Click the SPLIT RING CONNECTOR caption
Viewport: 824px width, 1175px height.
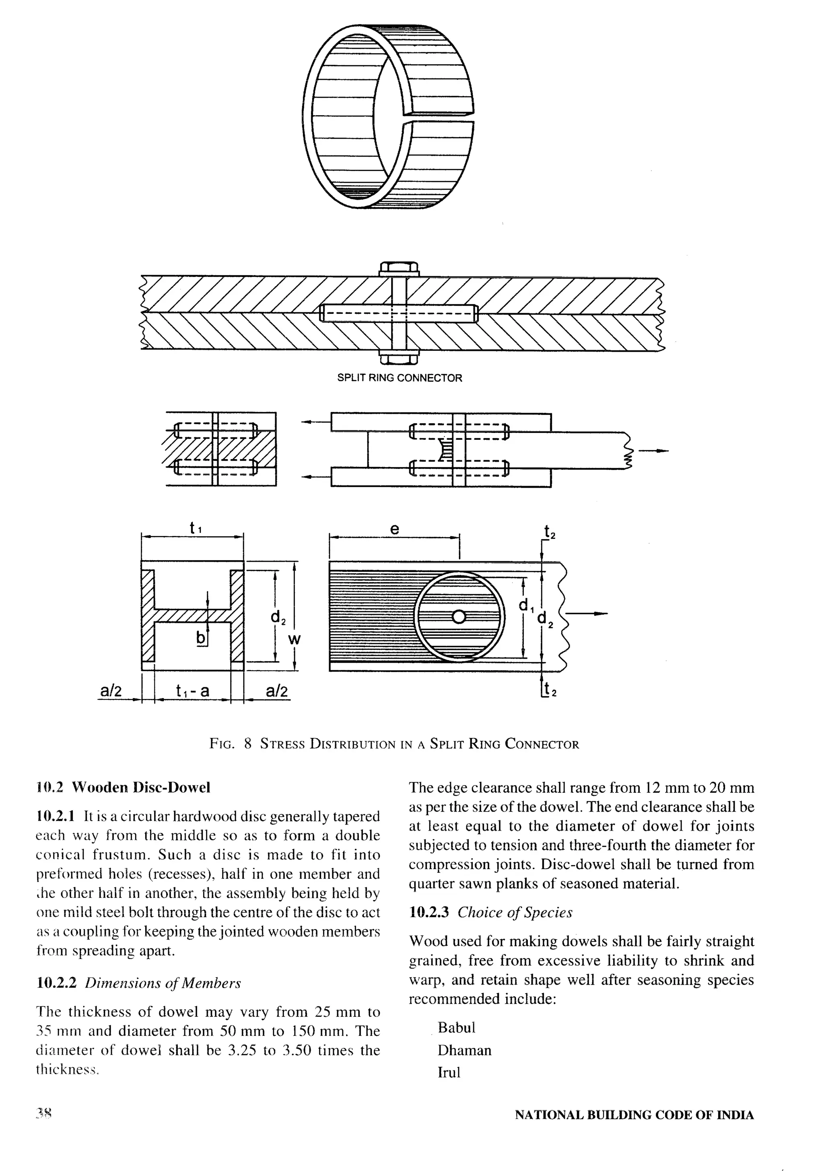coord(399,378)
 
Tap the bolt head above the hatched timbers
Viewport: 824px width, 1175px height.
coord(399,268)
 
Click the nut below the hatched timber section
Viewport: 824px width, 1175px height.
coord(399,358)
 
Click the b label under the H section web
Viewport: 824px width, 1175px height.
coord(201,638)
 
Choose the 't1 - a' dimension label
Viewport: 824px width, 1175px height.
coord(192,691)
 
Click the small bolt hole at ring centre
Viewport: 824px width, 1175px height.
coord(459,617)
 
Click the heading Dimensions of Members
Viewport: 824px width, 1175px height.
coord(163,983)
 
